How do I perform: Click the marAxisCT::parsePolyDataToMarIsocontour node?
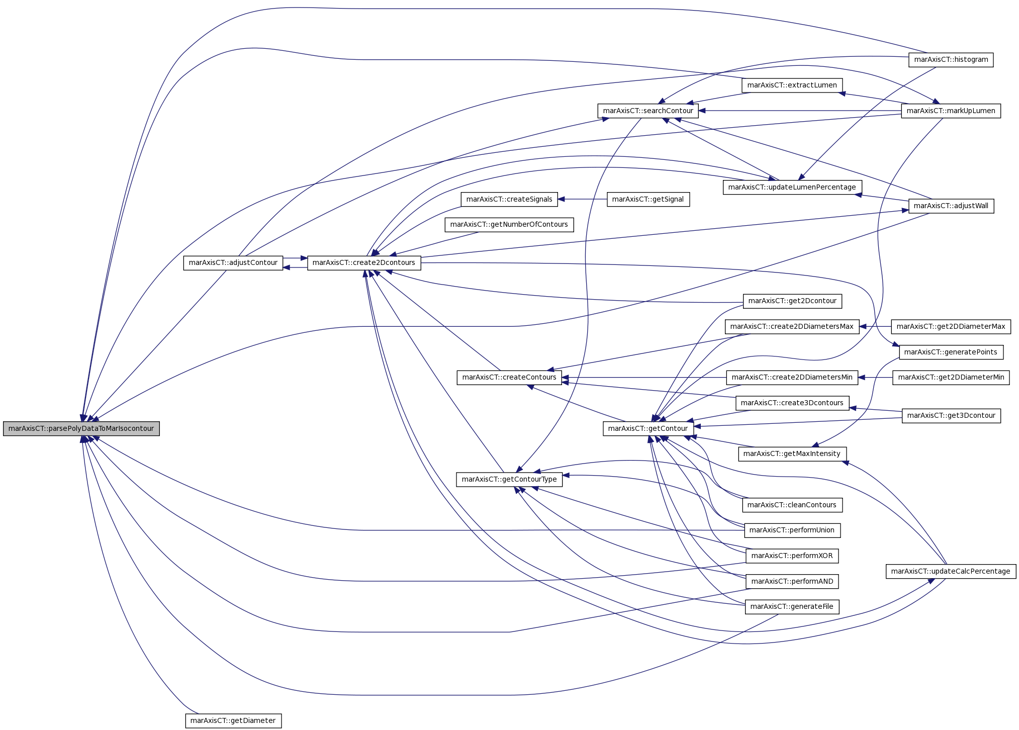coord(81,429)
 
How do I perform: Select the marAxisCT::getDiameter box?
coord(233,720)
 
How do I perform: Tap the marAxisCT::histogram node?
coord(951,59)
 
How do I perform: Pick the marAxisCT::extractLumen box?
coord(792,85)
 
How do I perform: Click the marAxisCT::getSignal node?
coord(648,199)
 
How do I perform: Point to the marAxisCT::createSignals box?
coord(510,199)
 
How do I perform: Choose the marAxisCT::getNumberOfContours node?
coord(509,224)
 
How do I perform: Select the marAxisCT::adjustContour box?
coord(233,262)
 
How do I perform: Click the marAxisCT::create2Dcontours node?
coord(364,262)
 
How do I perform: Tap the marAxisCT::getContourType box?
coord(509,479)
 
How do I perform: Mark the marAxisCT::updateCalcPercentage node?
coord(951,571)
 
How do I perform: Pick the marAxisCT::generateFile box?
coord(792,606)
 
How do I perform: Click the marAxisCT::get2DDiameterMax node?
coord(951,326)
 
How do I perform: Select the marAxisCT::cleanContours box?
coord(792,505)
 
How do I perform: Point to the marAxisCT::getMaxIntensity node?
coord(792,453)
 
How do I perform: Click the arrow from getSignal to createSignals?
coord(583,199)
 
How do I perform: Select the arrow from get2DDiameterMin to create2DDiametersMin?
coord(875,377)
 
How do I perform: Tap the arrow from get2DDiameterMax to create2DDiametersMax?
coord(875,326)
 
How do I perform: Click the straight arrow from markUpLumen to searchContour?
coord(800,111)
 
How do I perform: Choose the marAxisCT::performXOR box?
coord(792,556)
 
